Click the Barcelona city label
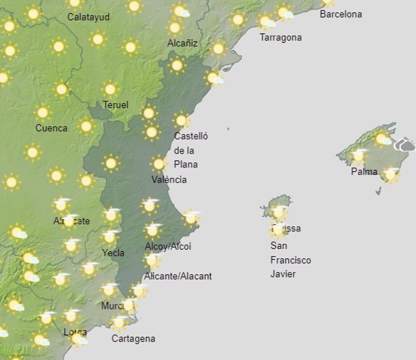click(341, 14)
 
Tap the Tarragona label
click(280, 37)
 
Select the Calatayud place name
click(89, 17)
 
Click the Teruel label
click(115, 105)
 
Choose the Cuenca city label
click(51, 128)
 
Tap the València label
click(169, 179)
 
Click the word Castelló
click(191, 136)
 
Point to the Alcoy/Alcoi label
click(168, 246)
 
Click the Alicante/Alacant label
click(178, 276)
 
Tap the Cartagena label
click(133, 338)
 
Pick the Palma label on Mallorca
click(364, 172)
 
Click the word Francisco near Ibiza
click(291, 260)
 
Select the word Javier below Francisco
click(283, 274)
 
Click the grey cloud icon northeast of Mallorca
click(405, 145)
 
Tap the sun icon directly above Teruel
click(110, 89)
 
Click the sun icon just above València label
click(159, 163)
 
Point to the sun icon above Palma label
click(359, 156)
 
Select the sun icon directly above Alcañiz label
click(175, 27)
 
